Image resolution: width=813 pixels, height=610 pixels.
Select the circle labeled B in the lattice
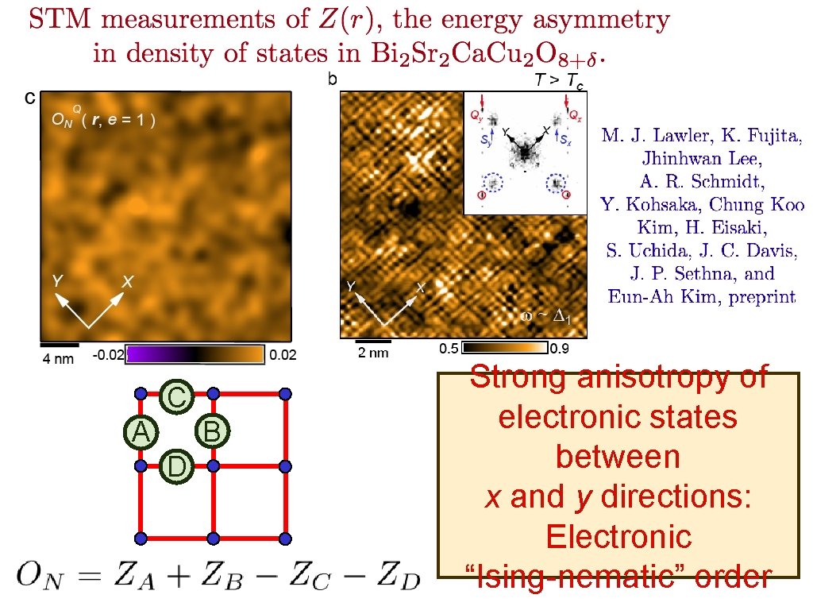211,431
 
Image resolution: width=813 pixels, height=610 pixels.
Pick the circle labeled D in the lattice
176,466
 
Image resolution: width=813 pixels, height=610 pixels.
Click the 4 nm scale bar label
58,358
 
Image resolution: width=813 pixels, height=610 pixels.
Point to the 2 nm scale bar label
373,353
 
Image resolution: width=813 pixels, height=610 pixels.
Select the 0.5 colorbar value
449,349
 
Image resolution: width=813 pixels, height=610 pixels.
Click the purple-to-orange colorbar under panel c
195,354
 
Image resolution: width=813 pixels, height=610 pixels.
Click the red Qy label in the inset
476,116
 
